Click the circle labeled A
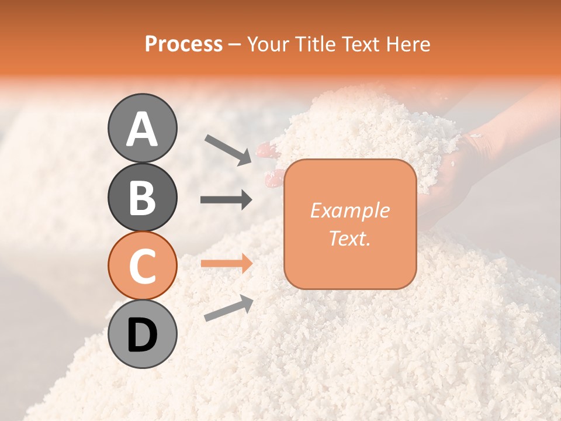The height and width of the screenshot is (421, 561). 142,128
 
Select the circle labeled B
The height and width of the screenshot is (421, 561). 142,197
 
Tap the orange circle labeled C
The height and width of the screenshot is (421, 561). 142,265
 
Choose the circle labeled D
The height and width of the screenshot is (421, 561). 142,334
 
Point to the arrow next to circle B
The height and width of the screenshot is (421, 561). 226,200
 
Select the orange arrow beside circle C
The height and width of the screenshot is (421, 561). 226,263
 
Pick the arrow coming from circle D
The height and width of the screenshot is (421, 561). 228,308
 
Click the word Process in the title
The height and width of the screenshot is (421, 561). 183,44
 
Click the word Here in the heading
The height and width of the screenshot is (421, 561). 407,44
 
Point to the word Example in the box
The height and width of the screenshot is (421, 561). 349,210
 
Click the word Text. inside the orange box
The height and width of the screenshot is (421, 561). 349,238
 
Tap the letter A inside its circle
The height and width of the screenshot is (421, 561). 142,129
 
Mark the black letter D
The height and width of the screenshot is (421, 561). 142,335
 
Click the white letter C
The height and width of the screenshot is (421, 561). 142,266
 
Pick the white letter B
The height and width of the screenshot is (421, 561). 142,198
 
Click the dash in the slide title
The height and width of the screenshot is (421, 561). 235,45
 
